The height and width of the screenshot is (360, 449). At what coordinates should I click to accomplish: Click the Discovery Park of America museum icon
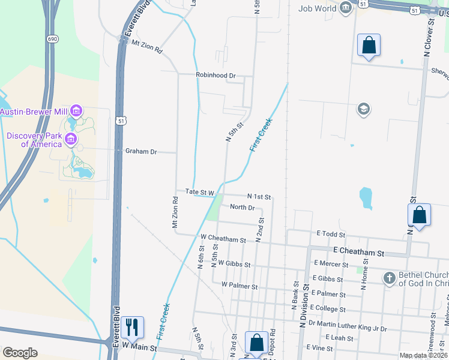point(71,140)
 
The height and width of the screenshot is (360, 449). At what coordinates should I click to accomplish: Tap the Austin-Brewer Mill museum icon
point(76,111)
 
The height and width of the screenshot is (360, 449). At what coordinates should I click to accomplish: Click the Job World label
point(318,8)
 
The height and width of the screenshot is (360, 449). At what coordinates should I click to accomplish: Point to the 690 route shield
point(52,38)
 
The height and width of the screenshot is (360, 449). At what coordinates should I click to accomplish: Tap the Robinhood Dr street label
point(215,75)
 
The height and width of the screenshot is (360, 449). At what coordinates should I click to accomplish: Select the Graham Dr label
point(140,152)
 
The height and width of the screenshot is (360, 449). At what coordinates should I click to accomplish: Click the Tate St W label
point(200,192)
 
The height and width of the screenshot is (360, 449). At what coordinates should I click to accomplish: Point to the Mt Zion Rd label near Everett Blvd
point(147,48)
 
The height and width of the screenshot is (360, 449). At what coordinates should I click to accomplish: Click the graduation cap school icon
point(363,109)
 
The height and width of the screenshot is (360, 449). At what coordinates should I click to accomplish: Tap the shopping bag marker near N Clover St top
point(369,45)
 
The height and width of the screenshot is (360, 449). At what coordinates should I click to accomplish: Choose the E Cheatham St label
point(358,253)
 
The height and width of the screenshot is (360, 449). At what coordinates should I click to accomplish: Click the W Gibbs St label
point(234,263)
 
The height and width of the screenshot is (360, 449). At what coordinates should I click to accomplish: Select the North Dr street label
point(243,208)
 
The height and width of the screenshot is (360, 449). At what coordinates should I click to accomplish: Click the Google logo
point(20,353)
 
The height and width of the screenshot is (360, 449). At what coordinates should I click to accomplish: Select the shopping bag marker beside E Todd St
point(419,215)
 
